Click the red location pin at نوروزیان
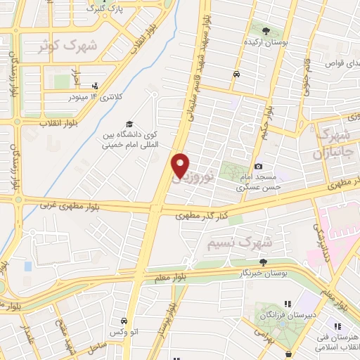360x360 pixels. (x=180, y=165)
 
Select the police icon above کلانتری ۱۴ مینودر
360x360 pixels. (x=96, y=86)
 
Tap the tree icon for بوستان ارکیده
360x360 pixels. (x=266, y=31)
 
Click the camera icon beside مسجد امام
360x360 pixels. (x=259, y=166)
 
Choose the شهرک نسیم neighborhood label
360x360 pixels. (x=239, y=242)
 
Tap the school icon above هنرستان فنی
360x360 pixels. (x=336, y=327)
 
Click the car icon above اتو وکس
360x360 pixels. (x=124, y=319)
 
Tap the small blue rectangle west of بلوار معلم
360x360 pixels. (x=27, y=266)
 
